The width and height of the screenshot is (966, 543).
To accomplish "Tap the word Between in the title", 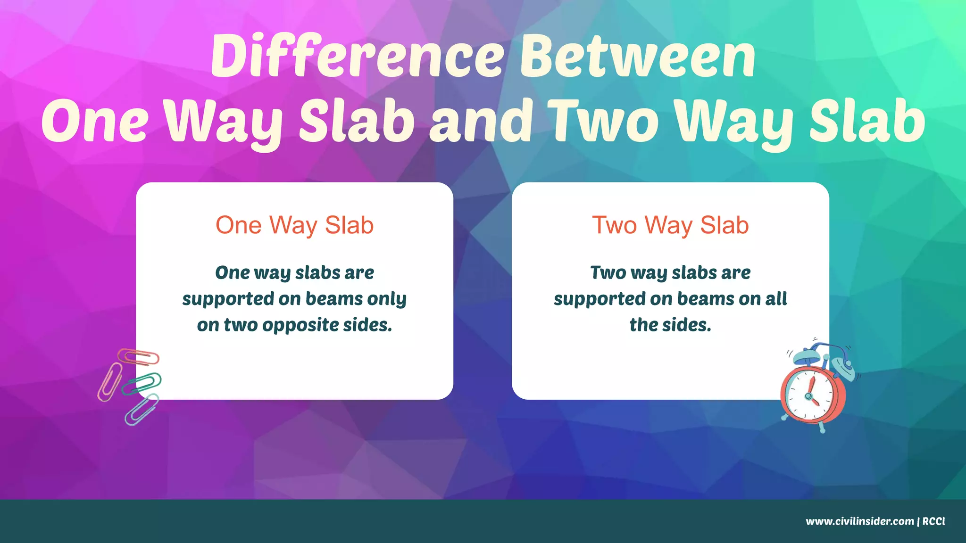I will pyautogui.click(x=638, y=57).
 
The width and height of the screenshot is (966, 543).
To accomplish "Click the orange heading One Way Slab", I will pyautogui.click(x=294, y=225).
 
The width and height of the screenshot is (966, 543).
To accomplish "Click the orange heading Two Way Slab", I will pyautogui.click(x=670, y=225).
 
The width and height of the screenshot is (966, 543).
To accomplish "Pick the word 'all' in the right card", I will pyautogui.click(x=776, y=299).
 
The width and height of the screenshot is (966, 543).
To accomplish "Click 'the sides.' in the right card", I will pyautogui.click(x=670, y=325).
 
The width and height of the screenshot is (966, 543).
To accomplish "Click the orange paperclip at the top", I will pyautogui.click(x=139, y=357).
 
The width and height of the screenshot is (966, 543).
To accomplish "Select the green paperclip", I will pyautogui.click(x=141, y=383).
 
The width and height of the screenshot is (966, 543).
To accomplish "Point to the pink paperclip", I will pyautogui.click(x=109, y=382).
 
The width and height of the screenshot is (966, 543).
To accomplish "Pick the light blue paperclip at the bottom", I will pyautogui.click(x=141, y=409).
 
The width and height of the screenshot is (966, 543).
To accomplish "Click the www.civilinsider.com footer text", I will pyautogui.click(x=859, y=521).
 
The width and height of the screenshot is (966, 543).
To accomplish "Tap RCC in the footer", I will pyautogui.click(x=933, y=521).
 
